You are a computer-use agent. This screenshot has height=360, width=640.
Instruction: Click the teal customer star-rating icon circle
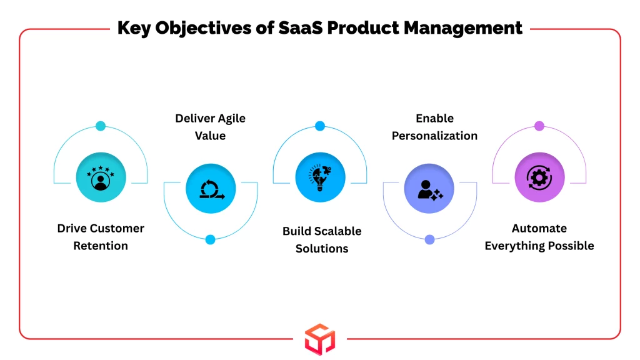pos(101,177)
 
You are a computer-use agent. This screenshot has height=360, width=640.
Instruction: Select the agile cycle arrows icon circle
pos(211,188)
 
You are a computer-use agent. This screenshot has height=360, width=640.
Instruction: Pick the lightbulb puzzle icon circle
pos(320,177)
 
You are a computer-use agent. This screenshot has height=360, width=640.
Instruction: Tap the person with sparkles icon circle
pos(429,188)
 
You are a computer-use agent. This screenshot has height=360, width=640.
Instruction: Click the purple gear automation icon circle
pos(539,177)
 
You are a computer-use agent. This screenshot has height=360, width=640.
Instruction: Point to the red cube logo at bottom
pos(320,339)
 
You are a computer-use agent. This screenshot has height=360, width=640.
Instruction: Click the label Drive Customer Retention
pos(101,237)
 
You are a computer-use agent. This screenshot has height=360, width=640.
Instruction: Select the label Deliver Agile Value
pos(210,127)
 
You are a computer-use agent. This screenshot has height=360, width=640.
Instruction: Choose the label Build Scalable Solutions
pos(322,239)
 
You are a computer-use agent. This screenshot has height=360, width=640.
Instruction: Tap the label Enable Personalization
pos(434,127)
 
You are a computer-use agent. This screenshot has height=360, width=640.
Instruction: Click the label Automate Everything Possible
pos(539,237)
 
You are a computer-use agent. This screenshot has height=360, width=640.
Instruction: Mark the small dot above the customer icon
pos(101,126)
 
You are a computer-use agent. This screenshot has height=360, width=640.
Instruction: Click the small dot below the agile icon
pos(211,239)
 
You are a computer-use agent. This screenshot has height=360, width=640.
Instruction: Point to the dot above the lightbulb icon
pos(320,126)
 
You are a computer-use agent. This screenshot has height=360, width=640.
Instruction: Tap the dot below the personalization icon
pos(429,239)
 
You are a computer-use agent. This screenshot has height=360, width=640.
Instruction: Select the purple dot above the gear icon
pos(539,126)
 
